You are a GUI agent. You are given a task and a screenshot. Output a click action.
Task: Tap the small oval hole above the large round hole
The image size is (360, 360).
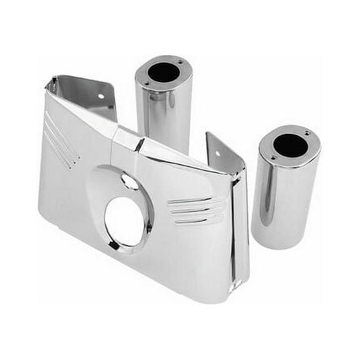point(129,181)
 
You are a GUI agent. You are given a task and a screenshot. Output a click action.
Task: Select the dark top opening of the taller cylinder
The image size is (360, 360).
point(164,72)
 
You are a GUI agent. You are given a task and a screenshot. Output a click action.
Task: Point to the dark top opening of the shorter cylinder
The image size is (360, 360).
point(290,145)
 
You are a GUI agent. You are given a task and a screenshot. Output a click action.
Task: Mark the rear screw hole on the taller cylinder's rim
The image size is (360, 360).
point(179,62)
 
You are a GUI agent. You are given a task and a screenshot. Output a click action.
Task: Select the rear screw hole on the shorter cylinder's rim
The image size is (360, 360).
point(306,133)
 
